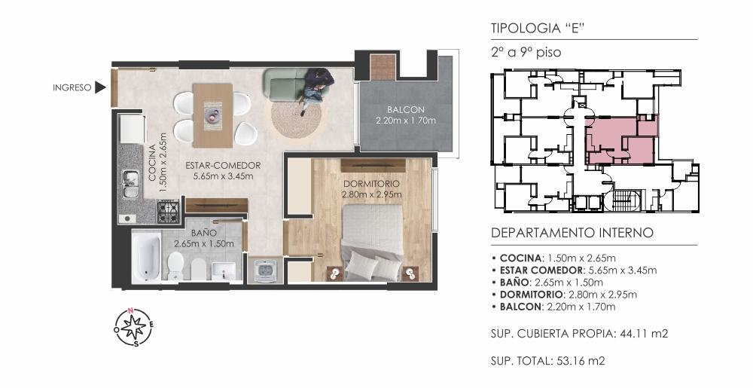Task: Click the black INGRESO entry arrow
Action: [100, 87]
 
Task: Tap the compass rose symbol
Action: [134, 327]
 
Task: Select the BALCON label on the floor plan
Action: [406, 110]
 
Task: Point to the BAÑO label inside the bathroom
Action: [203, 232]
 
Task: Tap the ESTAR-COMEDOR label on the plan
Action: [224, 166]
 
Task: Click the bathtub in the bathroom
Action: [146, 258]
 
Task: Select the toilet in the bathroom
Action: [175, 265]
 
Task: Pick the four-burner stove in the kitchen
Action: [169, 211]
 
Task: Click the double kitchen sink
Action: [130, 185]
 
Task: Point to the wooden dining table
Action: [213, 116]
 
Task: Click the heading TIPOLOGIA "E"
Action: [537, 28]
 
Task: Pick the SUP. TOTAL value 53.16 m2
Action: [580, 361]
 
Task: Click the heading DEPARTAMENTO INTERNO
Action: [572, 233]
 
